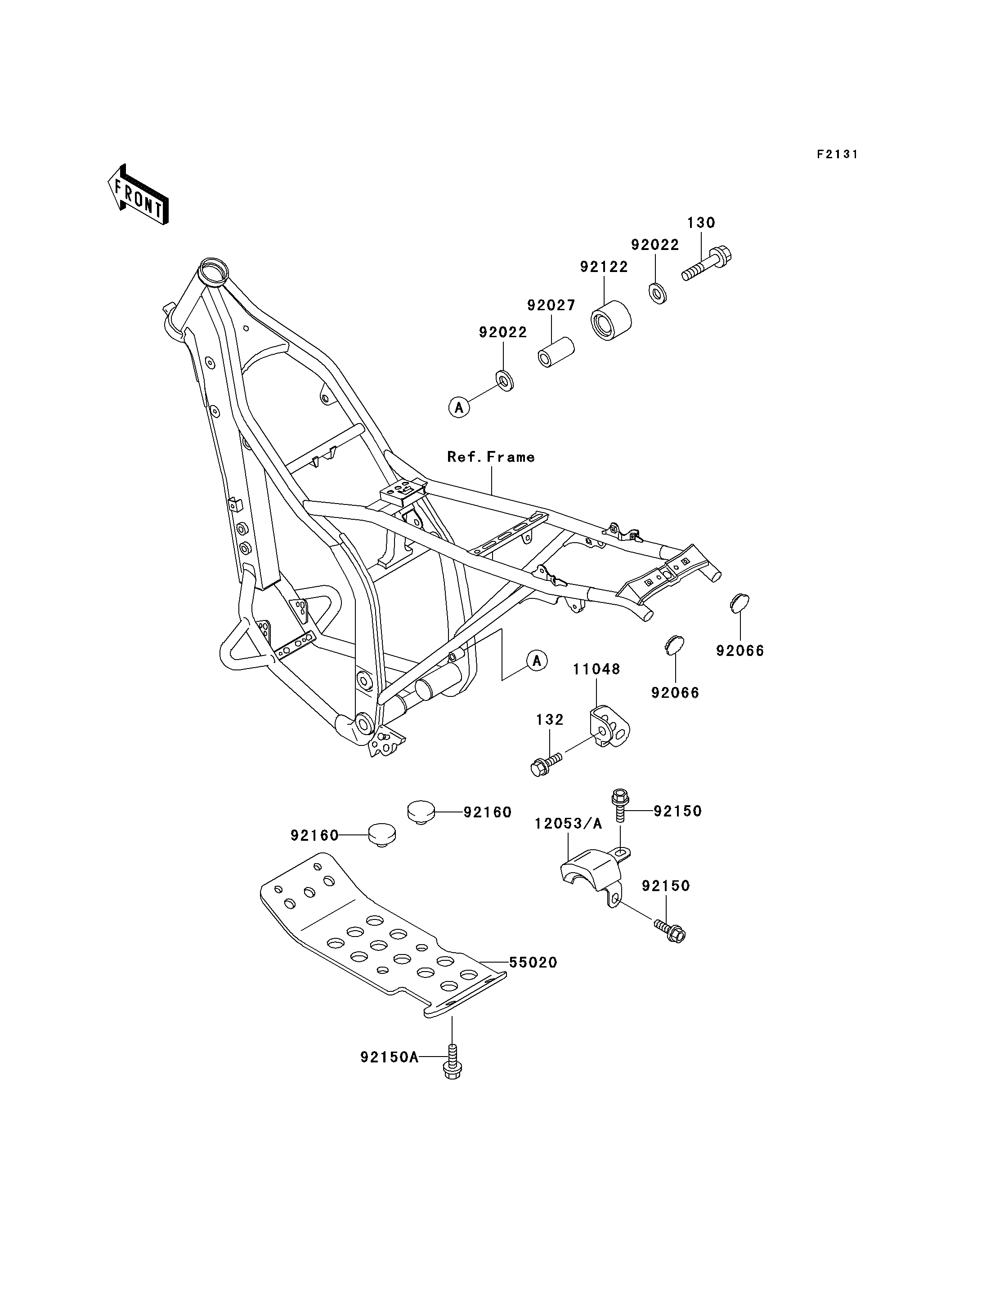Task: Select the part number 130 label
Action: [x=701, y=223]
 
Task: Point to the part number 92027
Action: [x=551, y=306]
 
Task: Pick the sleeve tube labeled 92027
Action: [x=556, y=351]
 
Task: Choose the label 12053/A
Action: [x=568, y=824]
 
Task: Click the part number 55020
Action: [x=533, y=963]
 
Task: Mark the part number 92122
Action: [x=604, y=267]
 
